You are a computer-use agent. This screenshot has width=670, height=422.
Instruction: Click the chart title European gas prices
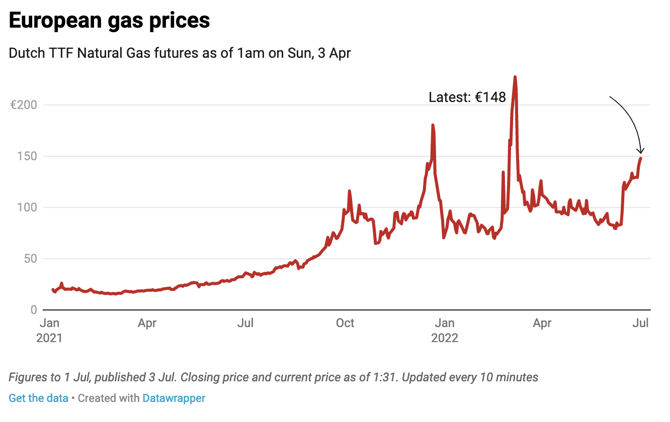(109, 21)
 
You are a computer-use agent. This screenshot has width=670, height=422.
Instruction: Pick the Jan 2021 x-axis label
(49, 330)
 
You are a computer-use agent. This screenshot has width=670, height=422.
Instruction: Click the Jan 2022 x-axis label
(445, 330)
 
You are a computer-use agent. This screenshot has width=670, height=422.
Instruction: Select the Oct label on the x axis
(345, 323)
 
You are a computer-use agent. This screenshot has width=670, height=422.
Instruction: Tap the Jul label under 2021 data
(245, 323)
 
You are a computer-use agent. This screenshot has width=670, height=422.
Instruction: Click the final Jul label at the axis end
(640, 323)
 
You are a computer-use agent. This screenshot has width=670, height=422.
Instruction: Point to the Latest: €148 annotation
(467, 97)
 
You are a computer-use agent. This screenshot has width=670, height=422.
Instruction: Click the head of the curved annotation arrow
(641, 153)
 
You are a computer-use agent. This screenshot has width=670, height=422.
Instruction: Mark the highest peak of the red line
(515, 77)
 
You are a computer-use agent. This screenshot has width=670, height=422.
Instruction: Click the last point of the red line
(641, 158)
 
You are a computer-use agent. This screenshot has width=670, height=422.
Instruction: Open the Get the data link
(38, 398)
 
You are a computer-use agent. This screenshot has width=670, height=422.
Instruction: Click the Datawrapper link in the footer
(174, 398)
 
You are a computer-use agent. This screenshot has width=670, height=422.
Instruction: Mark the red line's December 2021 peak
(433, 125)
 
